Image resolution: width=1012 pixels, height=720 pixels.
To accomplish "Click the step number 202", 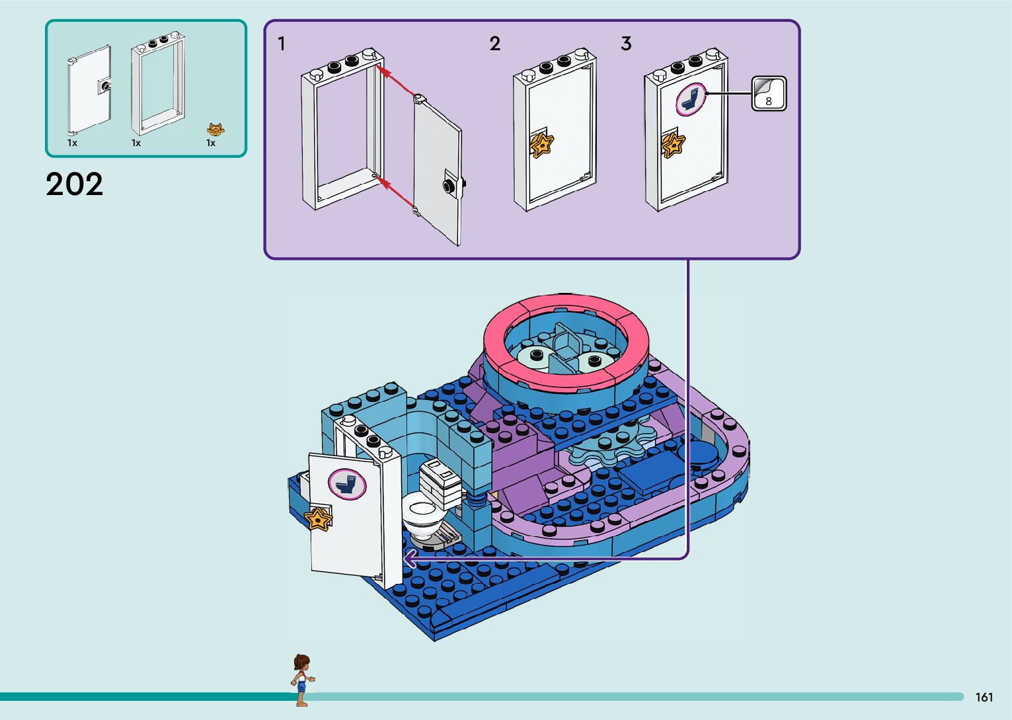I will coord(75,184).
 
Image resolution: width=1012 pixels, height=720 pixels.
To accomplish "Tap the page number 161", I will coord(984,697).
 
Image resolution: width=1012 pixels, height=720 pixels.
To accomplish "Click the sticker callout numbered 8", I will coord(769,94).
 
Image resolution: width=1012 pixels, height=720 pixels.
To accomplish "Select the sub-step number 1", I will coord(282,44).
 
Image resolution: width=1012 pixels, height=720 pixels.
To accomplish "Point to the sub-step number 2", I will coord(495,44).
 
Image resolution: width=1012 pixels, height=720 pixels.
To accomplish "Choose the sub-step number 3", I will coord(626,44).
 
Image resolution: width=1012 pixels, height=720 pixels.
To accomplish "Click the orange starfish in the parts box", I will coord(215,130).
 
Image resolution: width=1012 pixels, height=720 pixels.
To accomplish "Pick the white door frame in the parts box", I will coord(157,83).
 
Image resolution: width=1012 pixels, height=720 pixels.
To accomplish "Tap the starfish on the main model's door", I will coord(319,518).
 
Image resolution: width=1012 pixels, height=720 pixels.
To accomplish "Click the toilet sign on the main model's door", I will coord(347,483).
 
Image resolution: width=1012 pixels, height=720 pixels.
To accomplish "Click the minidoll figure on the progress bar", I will coord(301,679).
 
